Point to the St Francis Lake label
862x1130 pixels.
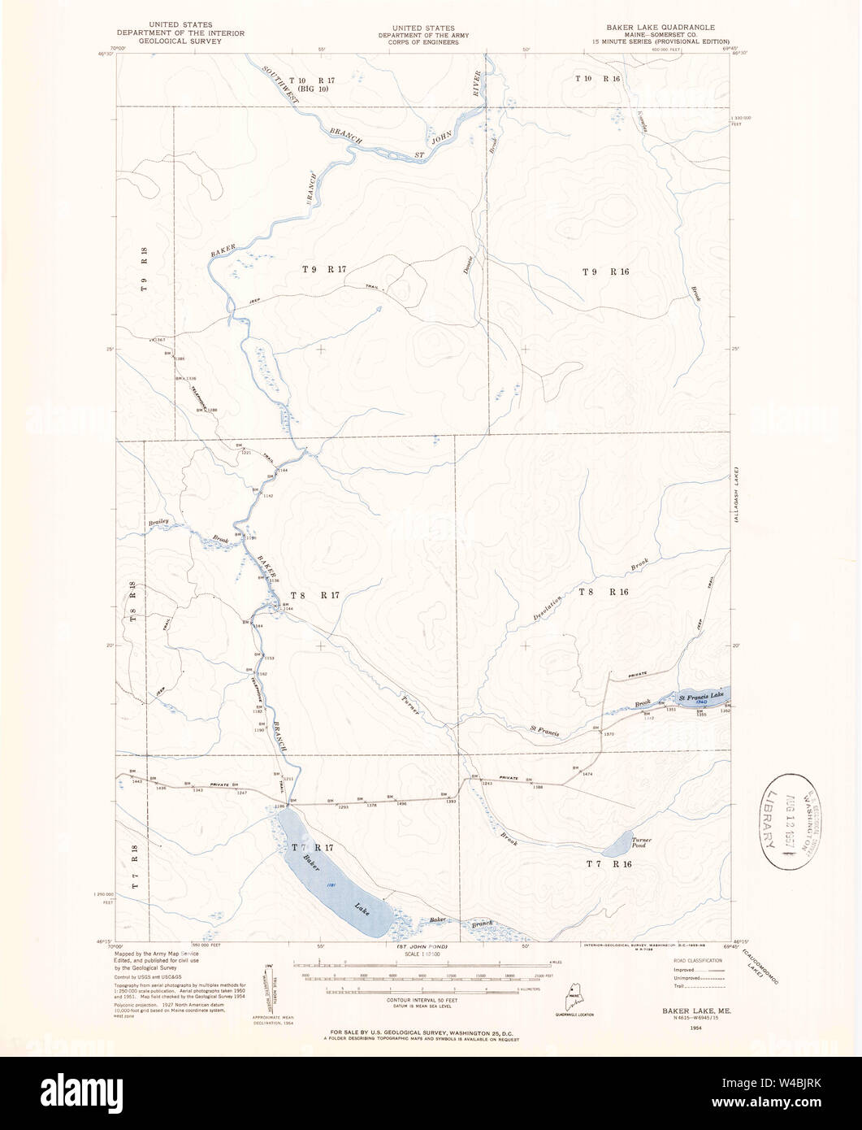click(700, 696)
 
